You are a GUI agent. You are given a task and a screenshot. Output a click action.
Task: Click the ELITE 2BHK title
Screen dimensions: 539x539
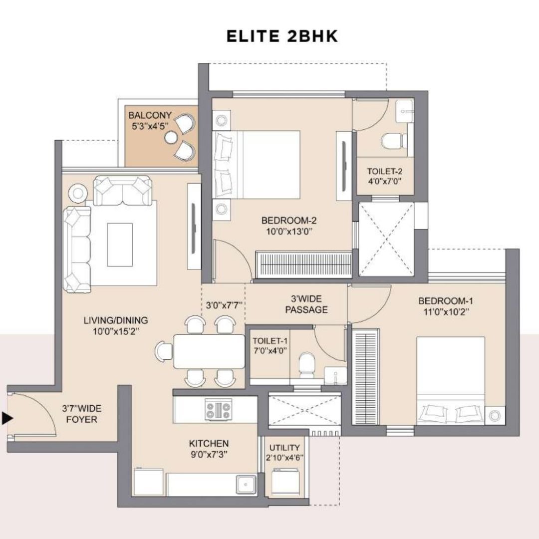pyautogui.click(x=282, y=36)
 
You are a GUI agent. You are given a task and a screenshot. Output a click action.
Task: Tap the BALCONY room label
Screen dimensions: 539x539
pyautogui.click(x=150, y=115)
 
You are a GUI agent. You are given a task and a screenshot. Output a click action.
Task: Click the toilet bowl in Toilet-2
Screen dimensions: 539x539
pyautogui.click(x=392, y=141)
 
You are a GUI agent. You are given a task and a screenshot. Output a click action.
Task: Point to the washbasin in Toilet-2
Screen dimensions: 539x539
pyautogui.click(x=404, y=111)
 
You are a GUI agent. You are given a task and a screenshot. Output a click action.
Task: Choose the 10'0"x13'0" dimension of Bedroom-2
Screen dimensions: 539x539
pyautogui.click(x=289, y=232)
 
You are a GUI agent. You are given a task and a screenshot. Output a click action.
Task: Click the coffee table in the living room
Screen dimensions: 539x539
pyautogui.click(x=120, y=245)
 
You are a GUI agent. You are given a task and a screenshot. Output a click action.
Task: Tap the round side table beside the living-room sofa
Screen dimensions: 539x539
pyautogui.click(x=78, y=193)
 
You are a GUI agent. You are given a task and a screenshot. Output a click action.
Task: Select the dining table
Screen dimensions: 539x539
pyautogui.click(x=209, y=351)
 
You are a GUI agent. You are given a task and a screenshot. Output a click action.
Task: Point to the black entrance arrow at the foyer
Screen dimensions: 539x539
pyautogui.click(x=7, y=418)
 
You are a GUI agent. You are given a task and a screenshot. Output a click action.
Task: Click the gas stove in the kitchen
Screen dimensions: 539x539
pyautogui.click(x=218, y=409)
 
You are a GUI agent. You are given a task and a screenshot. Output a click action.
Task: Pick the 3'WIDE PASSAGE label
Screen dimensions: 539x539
pyautogui.click(x=306, y=304)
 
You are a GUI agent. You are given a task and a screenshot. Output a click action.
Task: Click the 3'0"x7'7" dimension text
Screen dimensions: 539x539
pyautogui.click(x=224, y=305)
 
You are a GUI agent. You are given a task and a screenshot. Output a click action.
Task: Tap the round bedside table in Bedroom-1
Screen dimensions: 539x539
pyautogui.click(x=494, y=416)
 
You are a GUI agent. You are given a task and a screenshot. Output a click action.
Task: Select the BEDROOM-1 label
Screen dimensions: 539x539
pyautogui.click(x=446, y=301)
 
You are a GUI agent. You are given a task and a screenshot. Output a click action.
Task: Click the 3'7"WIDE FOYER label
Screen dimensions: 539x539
pyautogui.click(x=82, y=414)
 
